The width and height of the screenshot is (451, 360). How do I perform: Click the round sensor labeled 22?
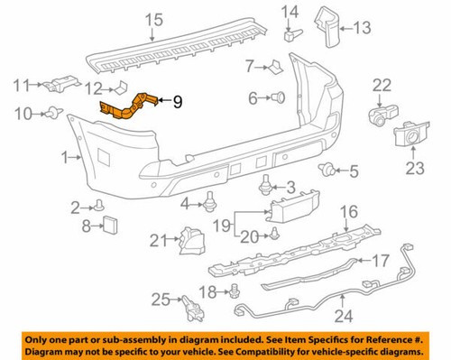coord(382,115)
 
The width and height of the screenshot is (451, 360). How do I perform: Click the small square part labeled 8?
coord(109,224)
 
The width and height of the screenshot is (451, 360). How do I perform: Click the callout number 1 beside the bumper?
coord(64,157)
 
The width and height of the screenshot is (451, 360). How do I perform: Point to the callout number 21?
coord(159,240)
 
